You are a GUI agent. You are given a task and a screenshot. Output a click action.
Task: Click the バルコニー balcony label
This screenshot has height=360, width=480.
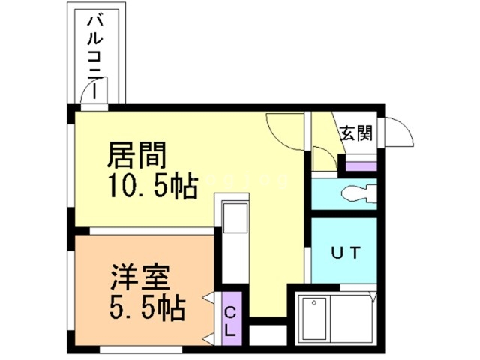click(95, 57)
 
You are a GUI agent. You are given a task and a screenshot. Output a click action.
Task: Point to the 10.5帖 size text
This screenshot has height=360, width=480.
click(153, 185)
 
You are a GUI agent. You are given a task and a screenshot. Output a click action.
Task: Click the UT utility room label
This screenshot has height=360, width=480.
click(348, 252)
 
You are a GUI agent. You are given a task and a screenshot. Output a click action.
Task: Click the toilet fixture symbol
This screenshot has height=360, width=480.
click(355, 194)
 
